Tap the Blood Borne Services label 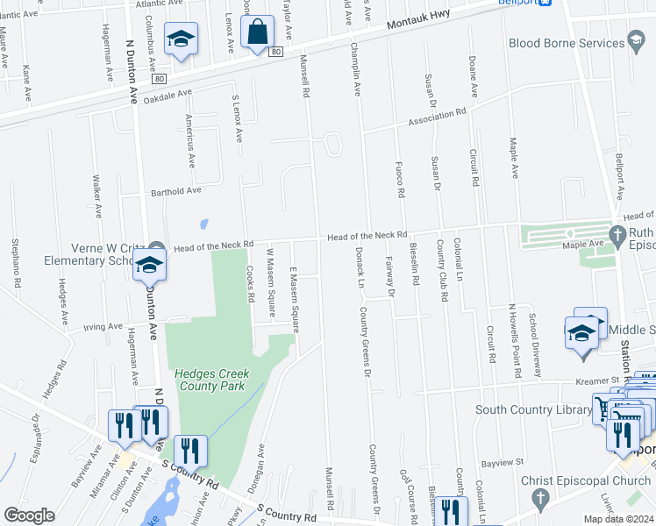click(567, 42)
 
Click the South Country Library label click(533, 409)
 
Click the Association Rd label click(435, 117)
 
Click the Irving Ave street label click(102, 327)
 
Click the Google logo click(29, 515)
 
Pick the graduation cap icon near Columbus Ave click(182, 39)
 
